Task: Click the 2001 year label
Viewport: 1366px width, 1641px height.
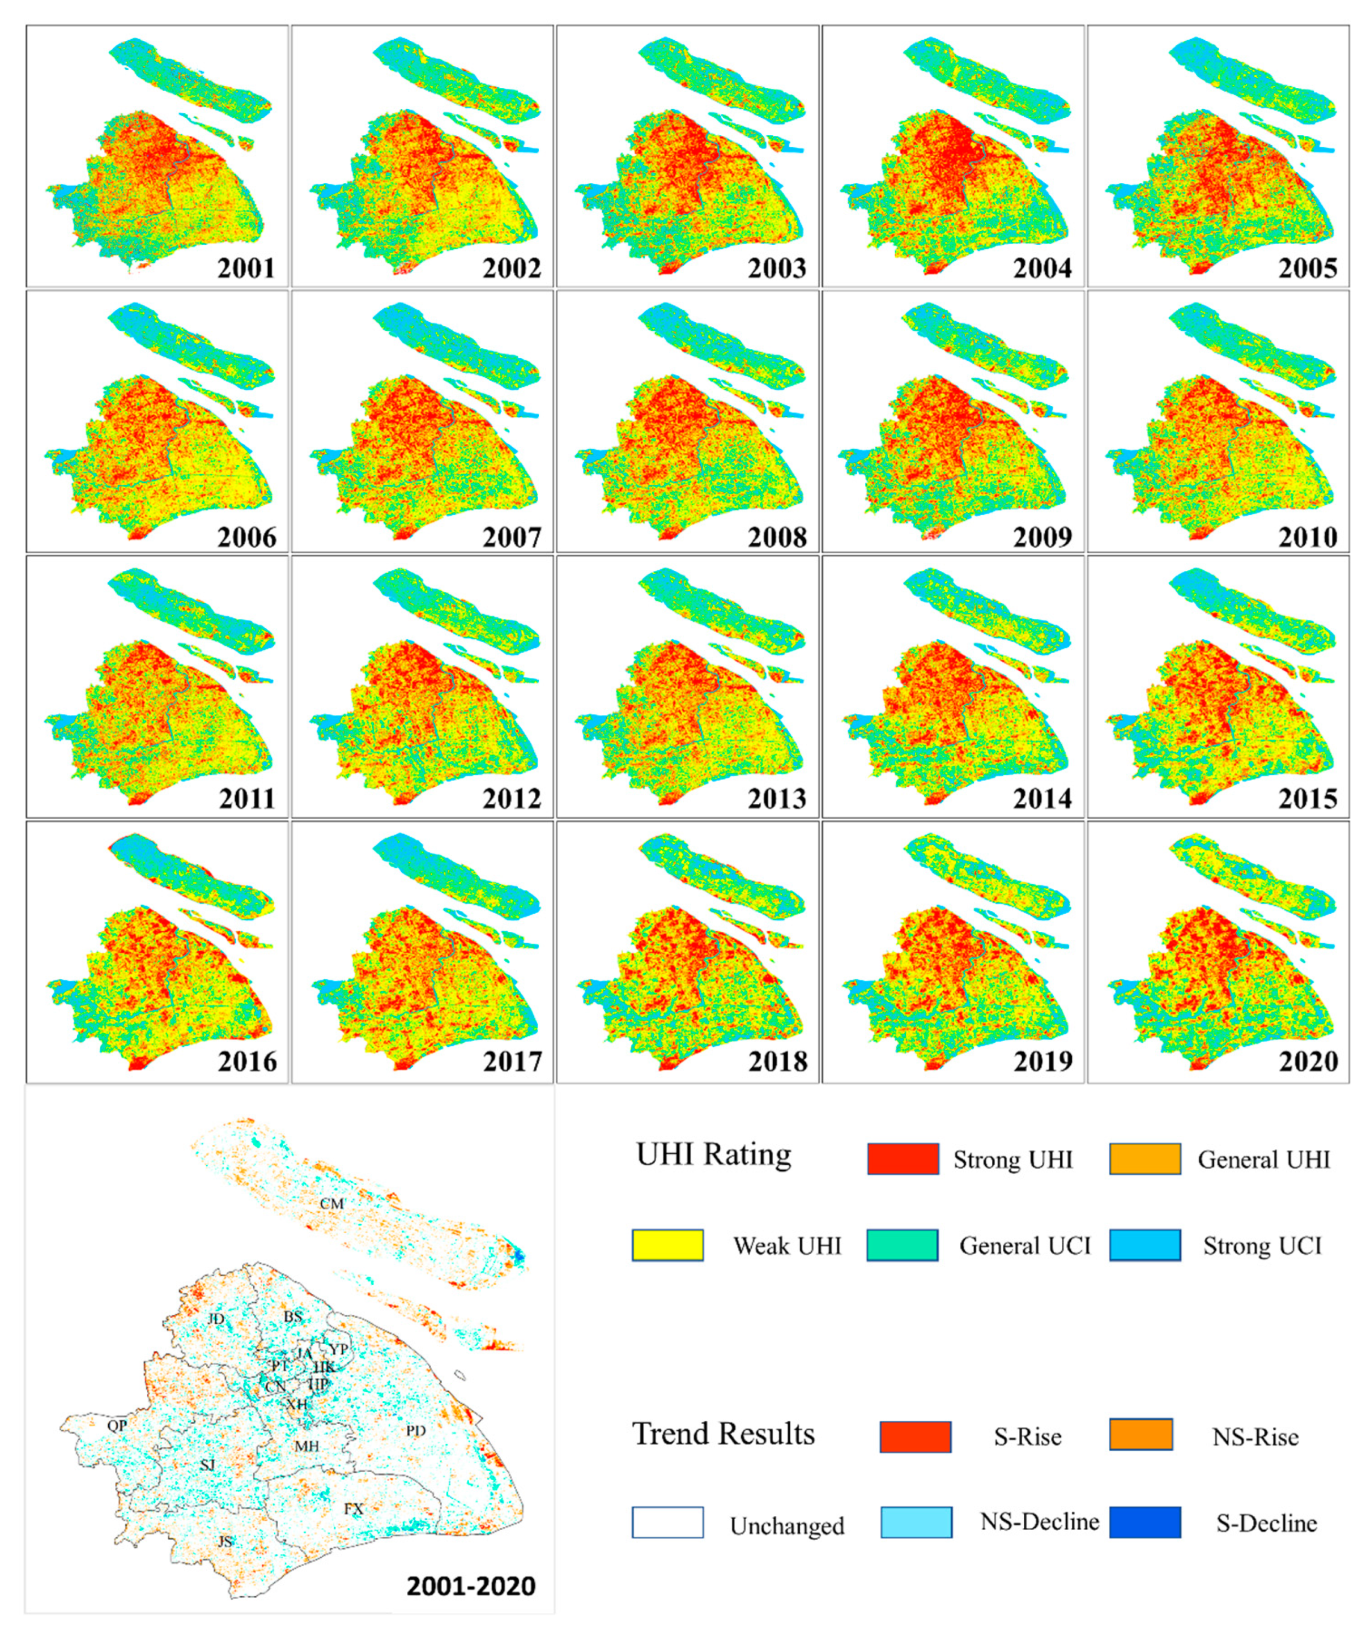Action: coord(246,268)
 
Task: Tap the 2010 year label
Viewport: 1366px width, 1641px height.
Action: coord(1308,537)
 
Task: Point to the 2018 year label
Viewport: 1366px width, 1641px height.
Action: coord(777,1061)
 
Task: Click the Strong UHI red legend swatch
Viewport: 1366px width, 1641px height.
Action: coord(903,1159)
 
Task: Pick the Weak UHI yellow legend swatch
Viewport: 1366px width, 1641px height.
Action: coord(667,1245)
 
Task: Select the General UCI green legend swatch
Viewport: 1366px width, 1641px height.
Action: coord(902,1245)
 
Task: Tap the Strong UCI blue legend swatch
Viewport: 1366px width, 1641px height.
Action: coord(1145,1245)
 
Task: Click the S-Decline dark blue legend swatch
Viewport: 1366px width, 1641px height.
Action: coord(1145,1521)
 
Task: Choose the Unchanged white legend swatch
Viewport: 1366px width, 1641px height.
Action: coord(667,1522)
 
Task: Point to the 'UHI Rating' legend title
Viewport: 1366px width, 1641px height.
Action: coord(713,1154)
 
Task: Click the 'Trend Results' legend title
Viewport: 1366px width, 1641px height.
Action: coord(724,1433)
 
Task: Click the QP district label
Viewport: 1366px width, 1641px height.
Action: coord(117,1425)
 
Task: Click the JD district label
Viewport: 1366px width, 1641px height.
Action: coord(216,1319)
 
